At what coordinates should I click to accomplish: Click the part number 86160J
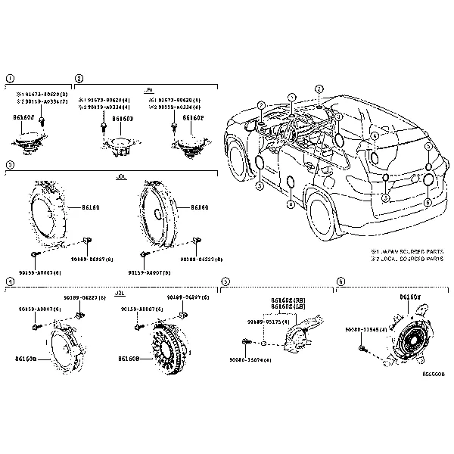point(25,118)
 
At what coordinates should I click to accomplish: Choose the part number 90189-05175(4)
point(263,322)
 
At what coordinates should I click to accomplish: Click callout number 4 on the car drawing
point(375,137)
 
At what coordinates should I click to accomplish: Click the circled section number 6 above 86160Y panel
point(340,281)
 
